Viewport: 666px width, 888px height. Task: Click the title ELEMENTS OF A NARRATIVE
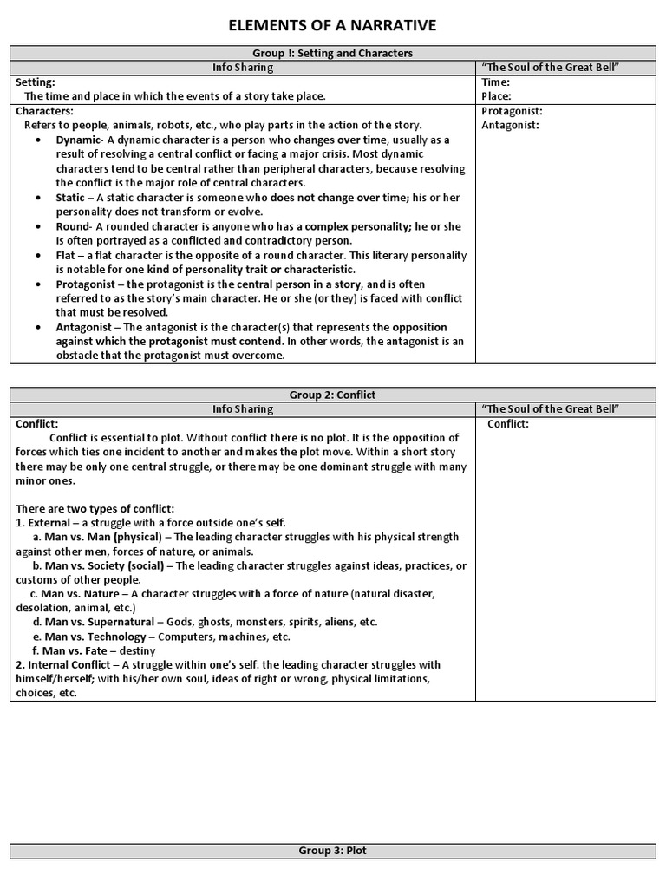(332, 26)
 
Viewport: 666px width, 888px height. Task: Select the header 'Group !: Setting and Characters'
(332, 53)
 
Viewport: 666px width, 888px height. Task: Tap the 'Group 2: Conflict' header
(332, 395)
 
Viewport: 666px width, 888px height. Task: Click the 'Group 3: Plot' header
(332, 851)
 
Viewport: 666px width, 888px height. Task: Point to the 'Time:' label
(495, 82)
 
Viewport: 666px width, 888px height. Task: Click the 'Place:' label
(496, 96)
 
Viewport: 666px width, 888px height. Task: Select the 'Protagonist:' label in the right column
(512, 111)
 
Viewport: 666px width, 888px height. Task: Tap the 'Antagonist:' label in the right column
(510, 125)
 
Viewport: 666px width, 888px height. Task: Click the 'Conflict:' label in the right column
(508, 424)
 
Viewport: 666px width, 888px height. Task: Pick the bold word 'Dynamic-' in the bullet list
(80, 140)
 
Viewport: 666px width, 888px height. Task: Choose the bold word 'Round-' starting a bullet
(75, 226)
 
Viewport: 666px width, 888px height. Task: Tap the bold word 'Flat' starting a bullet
(68, 256)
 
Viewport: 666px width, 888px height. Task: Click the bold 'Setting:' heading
(36, 82)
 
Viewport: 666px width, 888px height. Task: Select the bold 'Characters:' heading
(44, 111)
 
